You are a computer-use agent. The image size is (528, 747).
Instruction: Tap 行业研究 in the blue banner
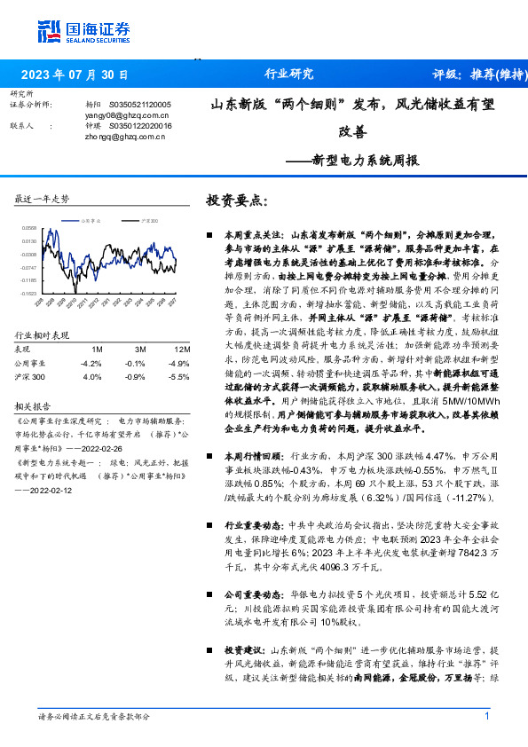click(289, 75)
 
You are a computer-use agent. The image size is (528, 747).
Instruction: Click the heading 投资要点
click(235, 201)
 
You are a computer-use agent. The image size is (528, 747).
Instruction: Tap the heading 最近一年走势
click(42, 199)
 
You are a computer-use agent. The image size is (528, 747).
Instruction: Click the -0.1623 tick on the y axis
click(29, 292)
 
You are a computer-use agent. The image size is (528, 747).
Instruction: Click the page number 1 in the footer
click(487, 715)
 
